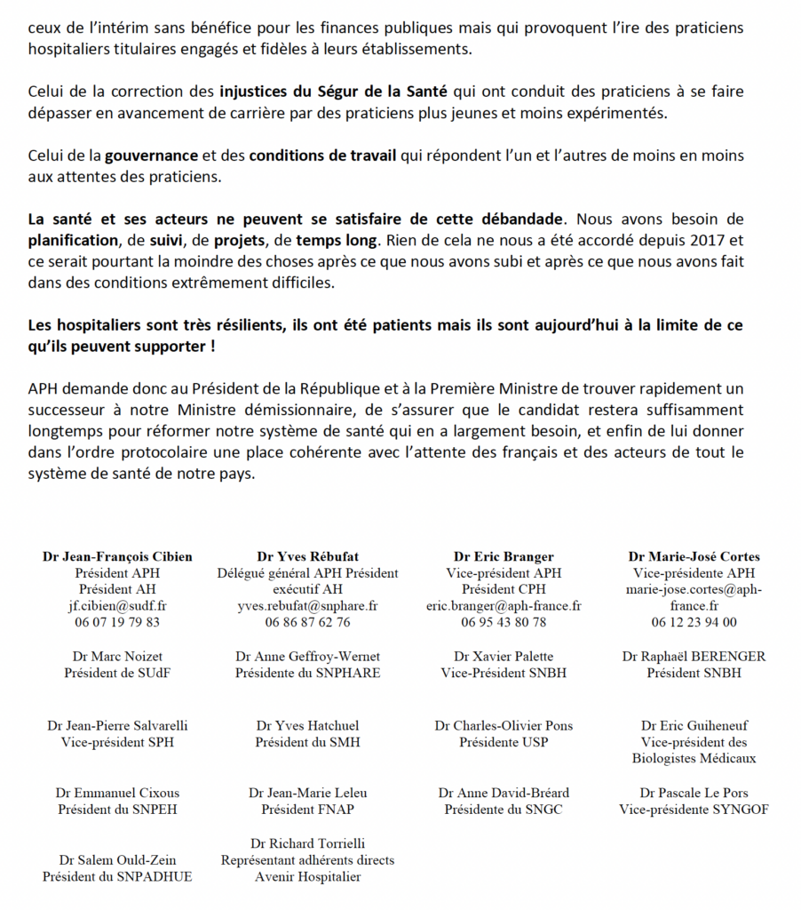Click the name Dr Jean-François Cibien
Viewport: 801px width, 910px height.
(x=117, y=557)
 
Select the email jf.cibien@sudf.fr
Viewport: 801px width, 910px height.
(x=117, y=606)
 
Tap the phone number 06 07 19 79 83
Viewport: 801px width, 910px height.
(x=117, y=622)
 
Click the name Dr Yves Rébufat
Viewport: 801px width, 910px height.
(x=307, y=557)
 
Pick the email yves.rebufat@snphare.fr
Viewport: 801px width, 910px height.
(x=307, y=606)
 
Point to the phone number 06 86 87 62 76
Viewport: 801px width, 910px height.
(x=307, y=622)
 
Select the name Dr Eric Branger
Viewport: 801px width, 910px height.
(x=504, y=557)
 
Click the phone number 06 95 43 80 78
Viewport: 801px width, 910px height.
(x=504, y=622)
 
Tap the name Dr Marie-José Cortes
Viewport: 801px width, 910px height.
(x=694, y=557)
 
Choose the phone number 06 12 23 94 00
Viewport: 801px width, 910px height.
(x=694, y=622)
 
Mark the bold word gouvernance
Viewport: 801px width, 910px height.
(x=152, y=156)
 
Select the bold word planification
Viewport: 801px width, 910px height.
(x=74, y=239)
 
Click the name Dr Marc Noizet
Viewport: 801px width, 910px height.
(x=117, y=657)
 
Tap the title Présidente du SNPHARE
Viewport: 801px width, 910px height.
(x=307, y=673)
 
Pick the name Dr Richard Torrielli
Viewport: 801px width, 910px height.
(x=307, y=843)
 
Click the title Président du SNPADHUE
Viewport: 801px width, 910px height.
(x=117, y=877)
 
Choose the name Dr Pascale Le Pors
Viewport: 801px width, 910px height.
(x=694, y=793)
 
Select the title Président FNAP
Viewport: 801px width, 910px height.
(x=307, y=810)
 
